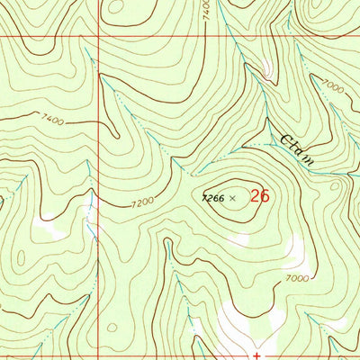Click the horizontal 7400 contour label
pyautogui.click(x=52, y=118)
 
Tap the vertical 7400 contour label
pyautogui.click(x=206, y=11)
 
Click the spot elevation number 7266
pyautogui.click(x=213, y=196)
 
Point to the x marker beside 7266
pyautogui.click(x=233, y=197)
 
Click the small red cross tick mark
pyautogui.click(x=256, y=355)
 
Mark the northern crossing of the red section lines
pyautogui.click(x=97, y=37)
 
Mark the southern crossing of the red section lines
pyautogui.click(x=97, y=343)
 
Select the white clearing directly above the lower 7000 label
pyautogui.click(x=295, y=247)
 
